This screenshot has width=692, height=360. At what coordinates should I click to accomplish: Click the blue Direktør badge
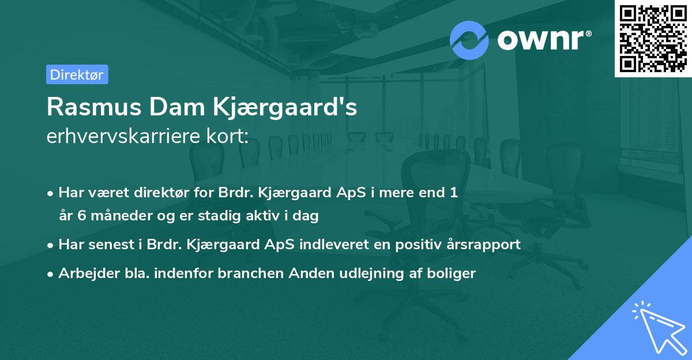76,74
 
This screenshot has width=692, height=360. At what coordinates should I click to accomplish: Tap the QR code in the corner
653,38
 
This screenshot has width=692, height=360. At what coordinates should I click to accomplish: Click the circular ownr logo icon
469,39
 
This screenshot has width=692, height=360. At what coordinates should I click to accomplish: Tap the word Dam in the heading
172,107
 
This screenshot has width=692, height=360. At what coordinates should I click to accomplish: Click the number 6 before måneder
78,216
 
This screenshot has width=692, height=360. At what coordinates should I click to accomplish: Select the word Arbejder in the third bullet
84,273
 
